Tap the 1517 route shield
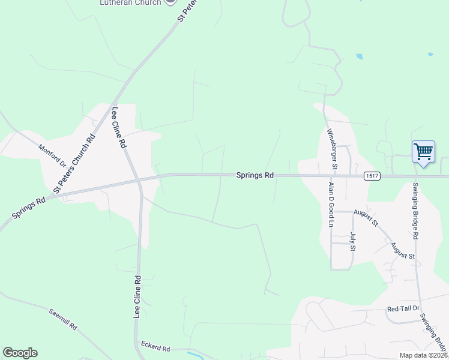coord(371,176)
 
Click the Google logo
coord(20,353)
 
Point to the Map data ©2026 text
coord(423,355)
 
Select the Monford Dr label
coord(52,155)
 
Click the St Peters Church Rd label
coord(74,163)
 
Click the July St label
coord(353,241)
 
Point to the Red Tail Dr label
coord(401,308)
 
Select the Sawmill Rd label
coord(64,319)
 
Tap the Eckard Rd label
coord(155,347)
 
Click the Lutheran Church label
coord(130,3)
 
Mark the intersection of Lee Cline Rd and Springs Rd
coord(138,180)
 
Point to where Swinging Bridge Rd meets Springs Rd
coord(414,176)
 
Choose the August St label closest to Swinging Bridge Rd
coord(402,251)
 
